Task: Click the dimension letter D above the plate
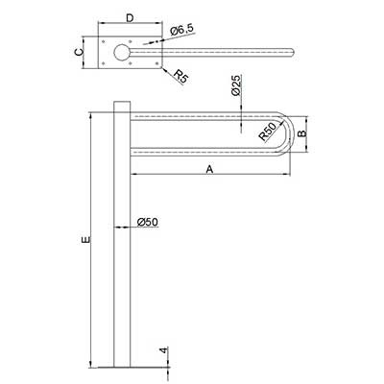click(130, 18)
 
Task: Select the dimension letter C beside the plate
click(79, 52)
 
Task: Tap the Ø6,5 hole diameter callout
click(181, 30)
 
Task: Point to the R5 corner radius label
click(181, 77)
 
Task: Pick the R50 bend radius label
click(268, 132)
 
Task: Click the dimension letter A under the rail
click(209, 169)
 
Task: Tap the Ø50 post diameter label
click(148, 222)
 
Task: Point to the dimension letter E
click(86, 239)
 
